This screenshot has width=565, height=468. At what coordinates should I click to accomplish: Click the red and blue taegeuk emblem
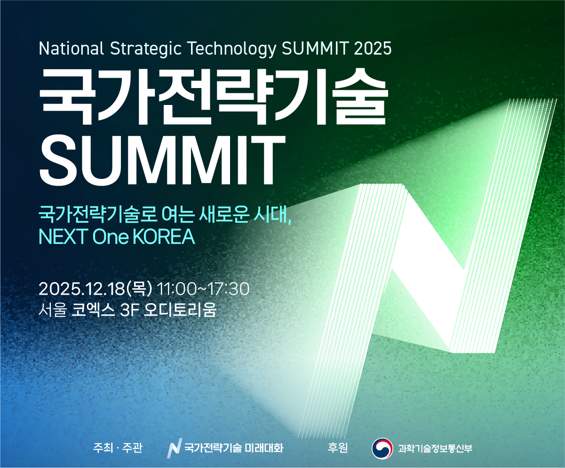point(382,448)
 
